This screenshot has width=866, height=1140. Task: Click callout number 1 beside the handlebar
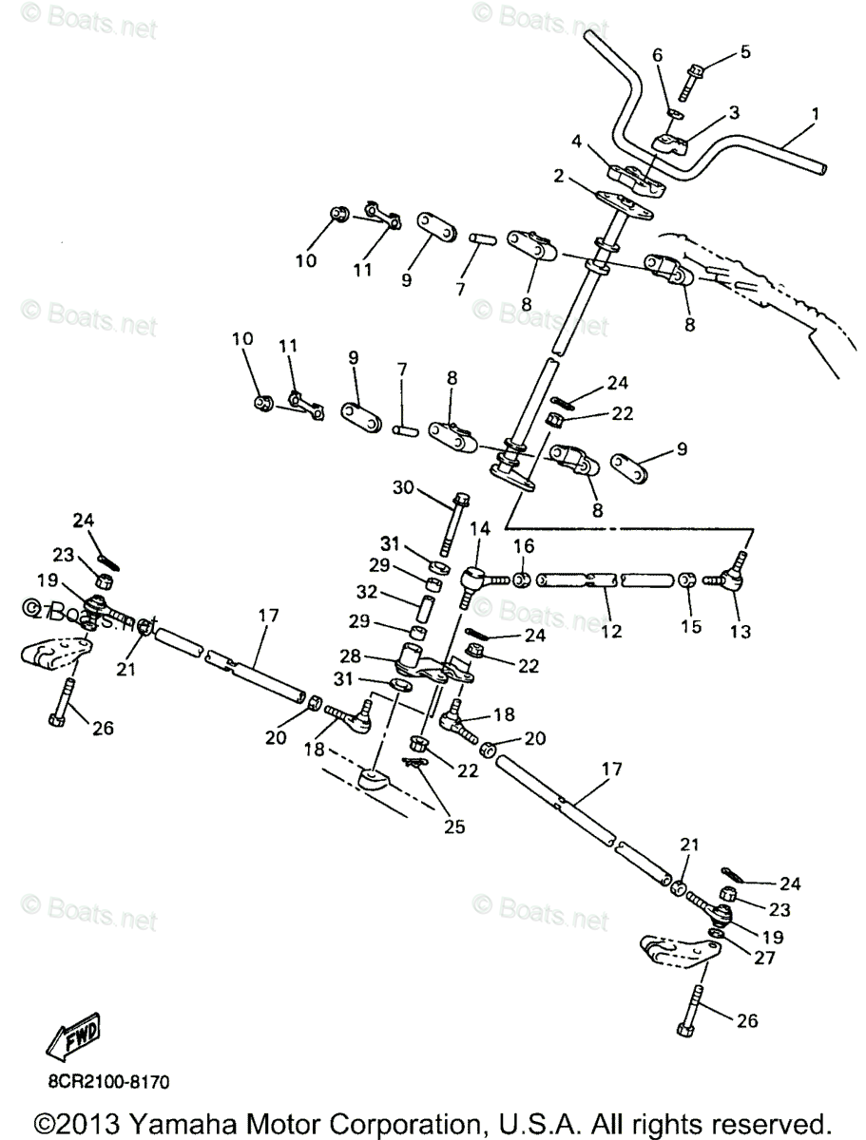(x=814, y=114)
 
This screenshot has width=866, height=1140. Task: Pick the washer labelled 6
(x=670, y=114)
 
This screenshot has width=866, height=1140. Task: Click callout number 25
(x=454, y=826)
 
